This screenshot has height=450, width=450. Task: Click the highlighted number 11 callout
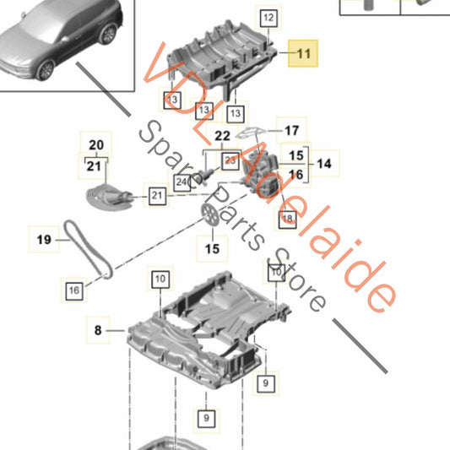point(303,53)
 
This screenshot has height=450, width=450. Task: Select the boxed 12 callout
point(268,17)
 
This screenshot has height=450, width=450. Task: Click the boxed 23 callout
point(230,158)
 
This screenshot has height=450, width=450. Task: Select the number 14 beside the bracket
point(324,164)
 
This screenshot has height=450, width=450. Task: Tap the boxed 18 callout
point(287,218)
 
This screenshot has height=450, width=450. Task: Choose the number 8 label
point(97,332)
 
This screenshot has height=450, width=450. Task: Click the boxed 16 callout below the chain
point(74,290)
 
